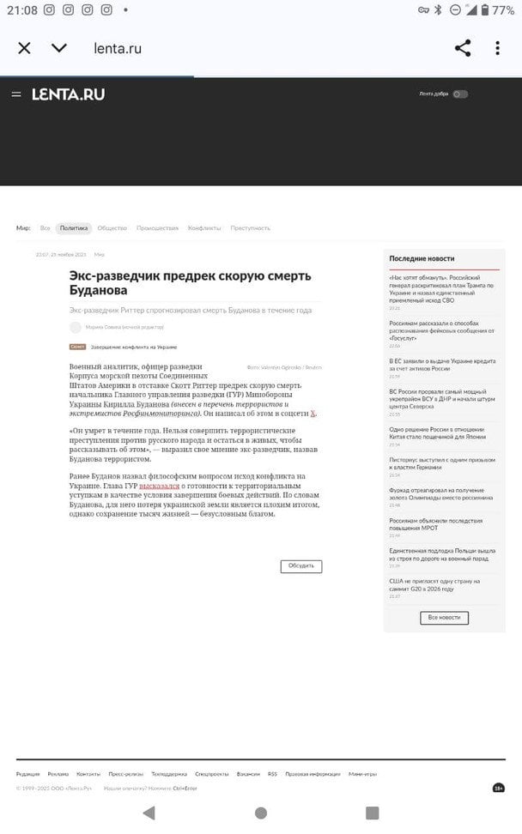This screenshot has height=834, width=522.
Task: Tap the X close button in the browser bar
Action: click(24, 48)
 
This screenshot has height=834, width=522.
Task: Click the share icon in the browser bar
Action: click(463, 48)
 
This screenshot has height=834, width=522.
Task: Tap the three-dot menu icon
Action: click(498, 48)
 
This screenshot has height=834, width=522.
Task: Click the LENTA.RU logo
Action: click(69, 94)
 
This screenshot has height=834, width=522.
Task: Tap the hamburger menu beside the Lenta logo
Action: click(16, 94)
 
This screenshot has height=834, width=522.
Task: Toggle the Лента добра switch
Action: click(461, 94)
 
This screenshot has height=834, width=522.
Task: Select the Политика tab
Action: click(74, 228)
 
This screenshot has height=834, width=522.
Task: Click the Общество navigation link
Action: click(112, 228)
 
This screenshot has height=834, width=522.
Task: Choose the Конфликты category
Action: click(204, 228)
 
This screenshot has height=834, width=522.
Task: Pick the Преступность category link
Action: click(250, 228)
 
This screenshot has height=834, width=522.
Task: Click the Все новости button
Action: click(444, 618)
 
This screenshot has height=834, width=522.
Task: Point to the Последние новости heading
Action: click(422, 258)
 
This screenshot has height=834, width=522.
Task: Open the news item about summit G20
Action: click(434, 584)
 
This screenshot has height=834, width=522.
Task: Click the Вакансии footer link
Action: click(248, 774)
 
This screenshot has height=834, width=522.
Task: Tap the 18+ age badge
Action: click(499, 788)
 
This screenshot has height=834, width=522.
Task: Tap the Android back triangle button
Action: click(149, 813)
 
